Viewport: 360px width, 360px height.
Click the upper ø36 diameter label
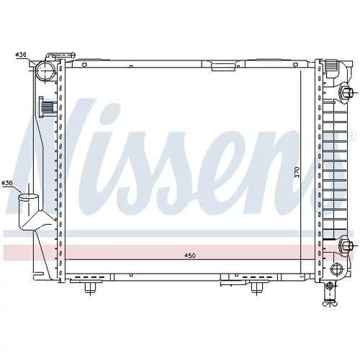coord(21,55)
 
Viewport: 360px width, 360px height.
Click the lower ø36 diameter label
coord(7,183)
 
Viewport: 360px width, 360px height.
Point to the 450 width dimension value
coord(190,256)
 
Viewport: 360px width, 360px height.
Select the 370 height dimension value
coord(297,172)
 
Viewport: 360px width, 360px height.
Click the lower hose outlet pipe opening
coord(29,197)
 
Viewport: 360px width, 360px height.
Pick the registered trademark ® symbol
coord(350,136)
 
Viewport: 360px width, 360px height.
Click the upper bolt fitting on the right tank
coord(346,92)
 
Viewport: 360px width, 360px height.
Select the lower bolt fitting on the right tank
coord(346,246)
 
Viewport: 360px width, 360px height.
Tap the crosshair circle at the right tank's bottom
coord(336,269)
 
